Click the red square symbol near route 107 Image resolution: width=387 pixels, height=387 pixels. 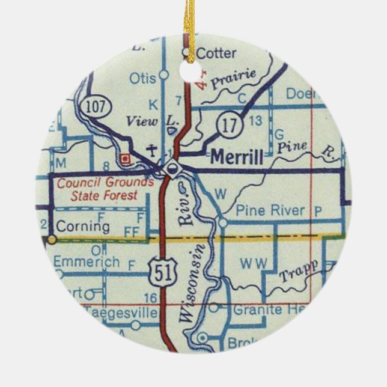coord(125,159)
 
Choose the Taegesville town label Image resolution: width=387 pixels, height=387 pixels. coord(120,312)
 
